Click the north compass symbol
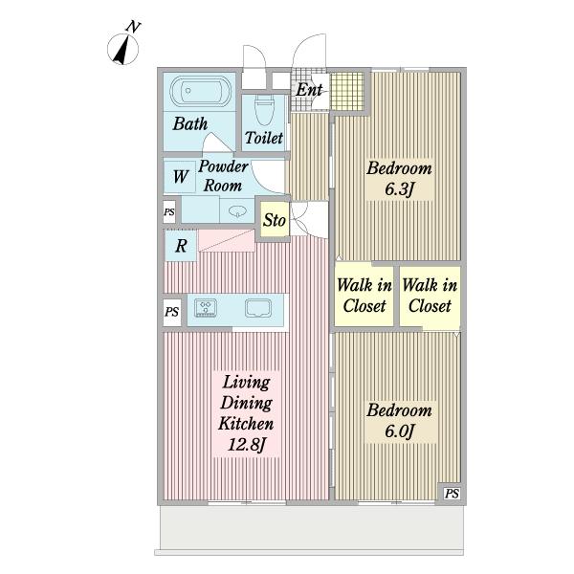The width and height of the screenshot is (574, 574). [123, 48]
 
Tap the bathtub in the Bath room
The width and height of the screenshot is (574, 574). [201, 91]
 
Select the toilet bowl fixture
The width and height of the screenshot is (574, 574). [264, 109]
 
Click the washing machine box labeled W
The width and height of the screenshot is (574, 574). [180, 177]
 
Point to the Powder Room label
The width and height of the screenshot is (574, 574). [223, 176]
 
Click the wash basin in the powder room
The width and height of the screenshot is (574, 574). [237, 210]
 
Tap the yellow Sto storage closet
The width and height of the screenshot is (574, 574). [275, 220]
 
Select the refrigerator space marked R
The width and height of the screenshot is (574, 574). [181, 245]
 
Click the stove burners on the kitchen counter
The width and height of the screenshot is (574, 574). [206, 307]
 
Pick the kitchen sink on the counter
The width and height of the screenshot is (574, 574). [258, 308]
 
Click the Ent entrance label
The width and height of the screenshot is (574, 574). [309, 90]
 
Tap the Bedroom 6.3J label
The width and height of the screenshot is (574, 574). [399, 179]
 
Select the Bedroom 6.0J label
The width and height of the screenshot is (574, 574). [399, 421]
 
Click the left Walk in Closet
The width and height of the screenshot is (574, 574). [364, 296]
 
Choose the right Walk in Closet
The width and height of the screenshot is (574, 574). [430, 296]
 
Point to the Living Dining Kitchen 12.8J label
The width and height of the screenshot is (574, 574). [247, 413]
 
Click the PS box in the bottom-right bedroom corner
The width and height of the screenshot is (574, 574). [452, 494]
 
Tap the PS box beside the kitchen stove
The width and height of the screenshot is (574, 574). [171, 312]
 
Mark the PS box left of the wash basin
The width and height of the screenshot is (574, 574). [169, 212]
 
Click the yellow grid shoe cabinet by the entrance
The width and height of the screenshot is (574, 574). [347, 92]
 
